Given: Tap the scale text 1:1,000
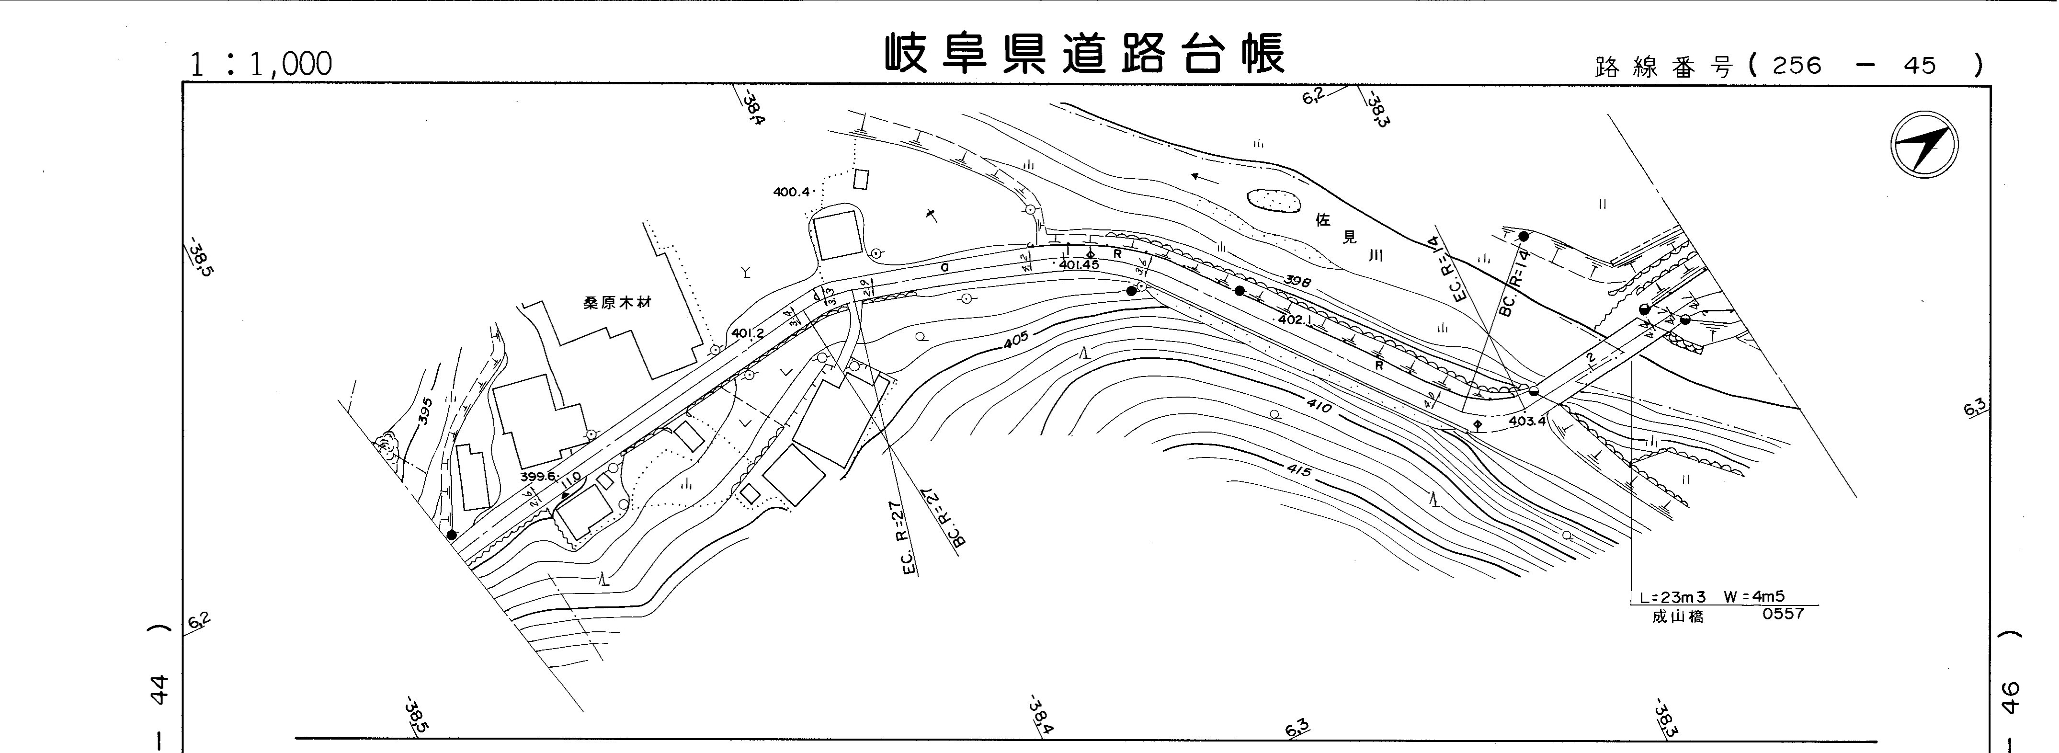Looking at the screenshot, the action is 260,64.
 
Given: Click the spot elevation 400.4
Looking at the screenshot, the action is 791,192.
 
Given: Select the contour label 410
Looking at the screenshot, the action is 1319,407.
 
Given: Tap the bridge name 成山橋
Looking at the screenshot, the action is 1677,616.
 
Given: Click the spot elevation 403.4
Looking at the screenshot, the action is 1527,421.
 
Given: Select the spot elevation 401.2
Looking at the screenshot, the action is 747,332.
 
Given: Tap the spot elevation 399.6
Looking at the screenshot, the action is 537,477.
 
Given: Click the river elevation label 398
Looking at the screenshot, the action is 1300,281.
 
